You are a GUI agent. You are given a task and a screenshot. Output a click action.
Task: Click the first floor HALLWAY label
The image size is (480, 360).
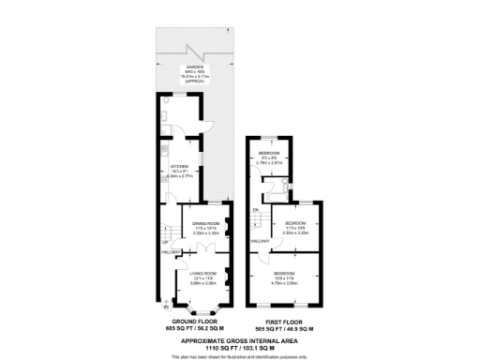260,242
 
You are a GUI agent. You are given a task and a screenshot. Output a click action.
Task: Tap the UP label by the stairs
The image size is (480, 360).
165,243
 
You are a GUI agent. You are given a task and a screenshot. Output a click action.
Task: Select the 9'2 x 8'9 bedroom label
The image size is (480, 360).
270,157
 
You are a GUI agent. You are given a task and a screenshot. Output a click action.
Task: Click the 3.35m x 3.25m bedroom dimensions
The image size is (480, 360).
296,231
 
